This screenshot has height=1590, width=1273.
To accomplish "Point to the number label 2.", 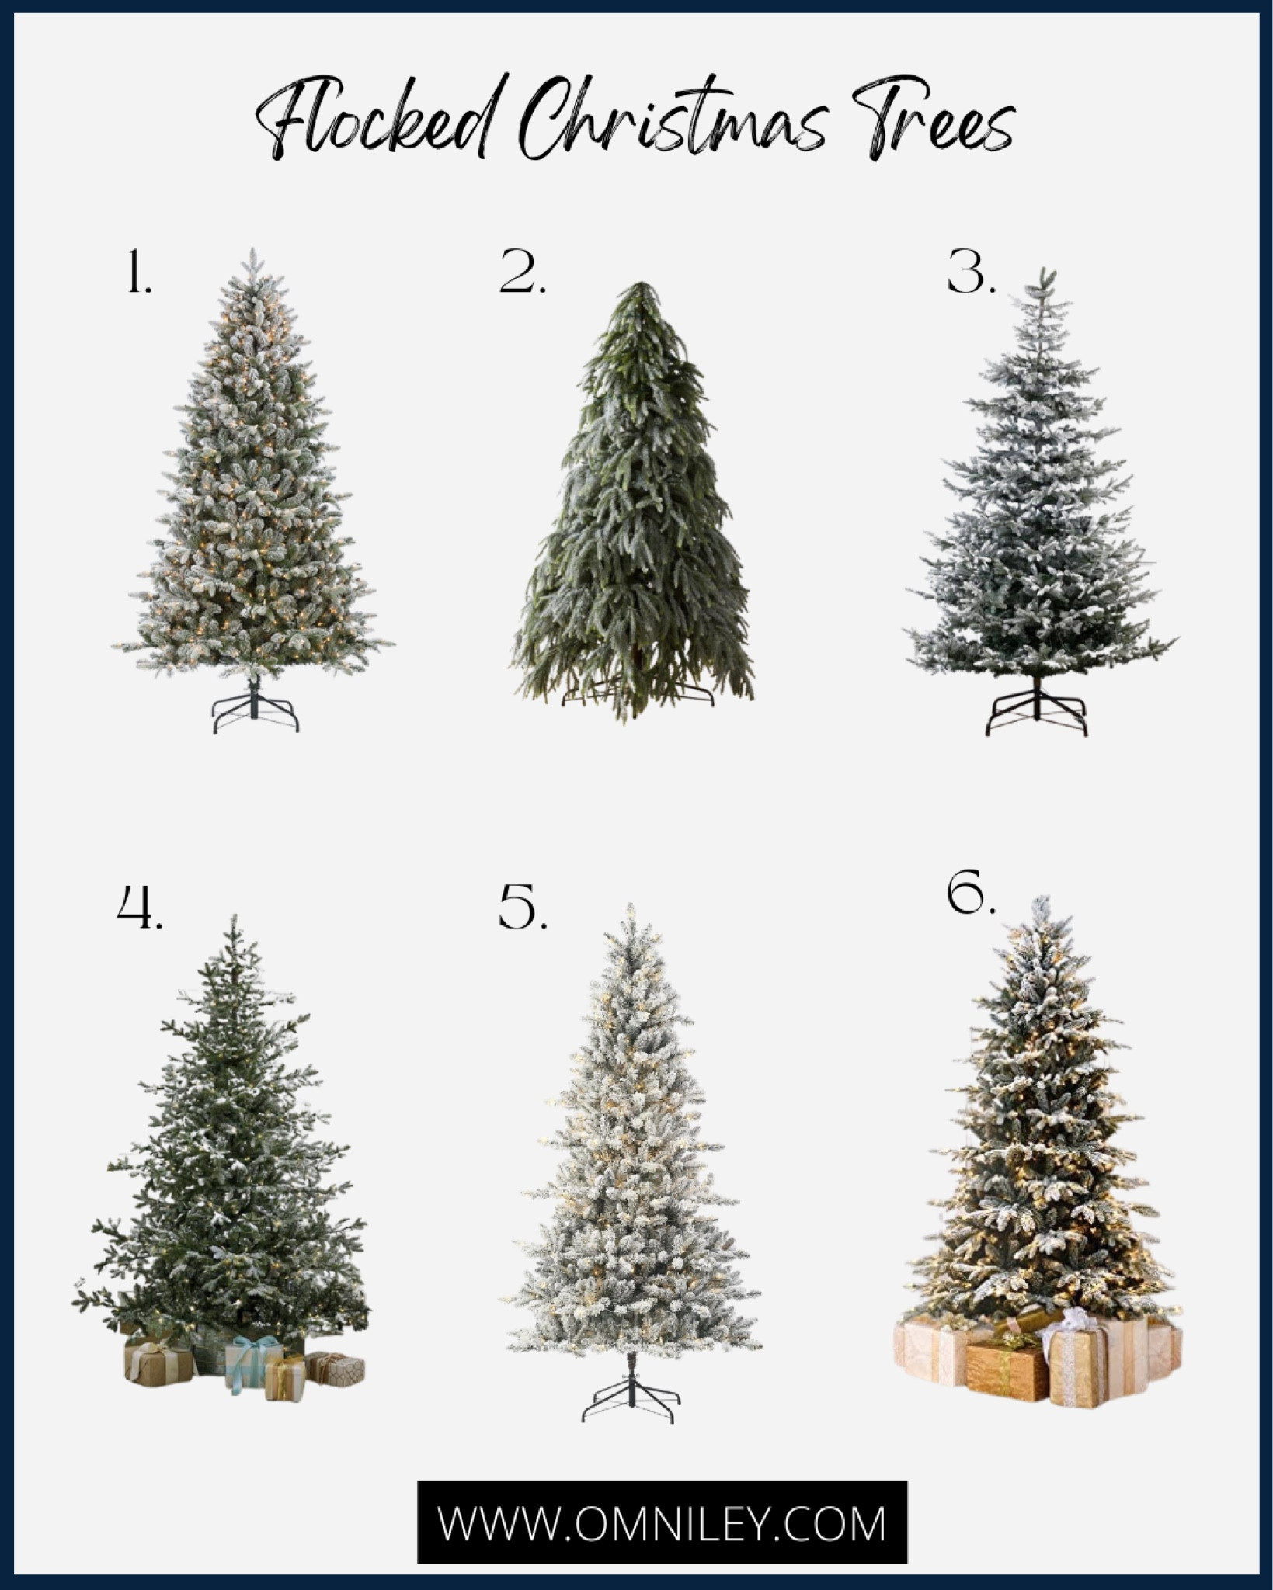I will click(x=523, y=273).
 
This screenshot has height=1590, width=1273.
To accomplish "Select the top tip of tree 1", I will click(x=253, y=252).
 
